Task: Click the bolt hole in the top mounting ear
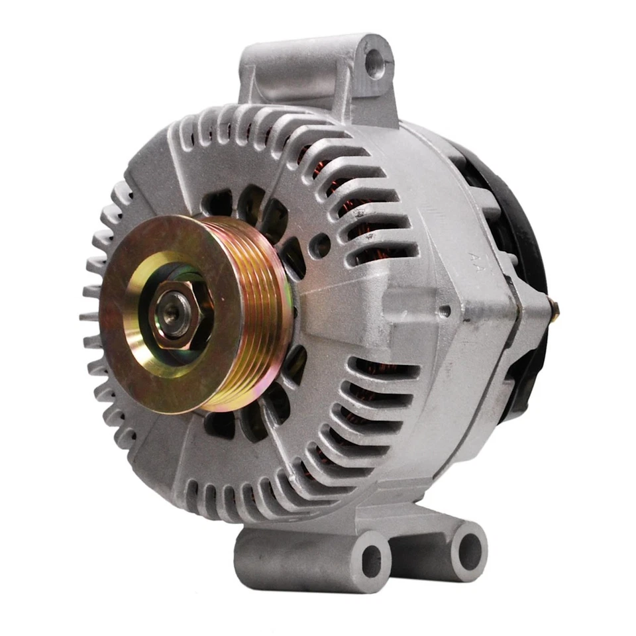376,64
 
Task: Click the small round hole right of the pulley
321,245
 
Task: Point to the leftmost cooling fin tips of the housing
89,311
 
